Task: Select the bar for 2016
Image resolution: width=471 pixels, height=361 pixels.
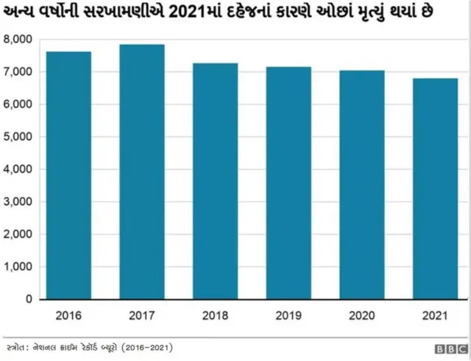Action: pos(69,176)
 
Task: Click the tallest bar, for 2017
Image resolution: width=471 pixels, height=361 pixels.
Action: pos(142,172)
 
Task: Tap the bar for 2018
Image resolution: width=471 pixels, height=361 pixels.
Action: pos(215,182)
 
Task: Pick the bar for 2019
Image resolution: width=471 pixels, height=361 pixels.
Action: pos(288,183)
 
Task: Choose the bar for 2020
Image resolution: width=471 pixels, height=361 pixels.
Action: pos(361,185)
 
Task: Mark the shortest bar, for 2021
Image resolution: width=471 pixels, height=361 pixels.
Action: pos(435,189)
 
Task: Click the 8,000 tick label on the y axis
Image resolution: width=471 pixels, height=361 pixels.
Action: pos(18,39)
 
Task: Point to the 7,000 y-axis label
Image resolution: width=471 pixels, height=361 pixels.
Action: pos(18,72)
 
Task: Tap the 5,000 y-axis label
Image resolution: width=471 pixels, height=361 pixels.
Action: pos(18,137)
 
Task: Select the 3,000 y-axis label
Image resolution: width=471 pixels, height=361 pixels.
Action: pos(18,201)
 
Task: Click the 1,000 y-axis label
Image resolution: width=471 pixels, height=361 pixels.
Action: pos(18,267)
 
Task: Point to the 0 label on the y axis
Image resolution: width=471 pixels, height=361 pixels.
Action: pos(28,299)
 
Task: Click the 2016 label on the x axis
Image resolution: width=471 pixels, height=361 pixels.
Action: pos(69,316)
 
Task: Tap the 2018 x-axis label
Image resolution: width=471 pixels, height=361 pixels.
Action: pos(215,316)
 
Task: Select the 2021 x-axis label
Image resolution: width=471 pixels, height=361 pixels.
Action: pos(435,316)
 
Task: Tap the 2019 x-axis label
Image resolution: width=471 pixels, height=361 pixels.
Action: pos(288,316)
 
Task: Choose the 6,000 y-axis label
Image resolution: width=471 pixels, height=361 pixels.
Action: pos(18,104)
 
